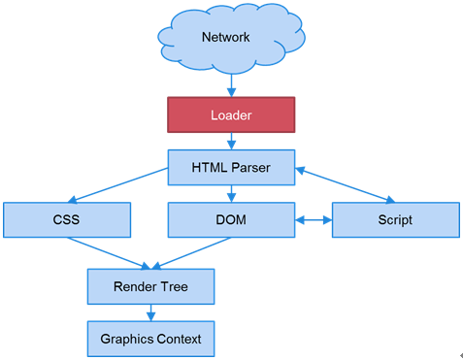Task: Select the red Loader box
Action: tap(231, 115)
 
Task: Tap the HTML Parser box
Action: tap(231, 167)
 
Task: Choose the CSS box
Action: tap(67, 220)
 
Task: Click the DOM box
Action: tap(231, 220)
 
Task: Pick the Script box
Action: tap(395, 220)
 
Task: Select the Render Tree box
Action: tap(150, 287)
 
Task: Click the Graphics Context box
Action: tap(150, 340)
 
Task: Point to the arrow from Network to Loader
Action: tap(231, 85)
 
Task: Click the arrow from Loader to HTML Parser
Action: tap(231, 141)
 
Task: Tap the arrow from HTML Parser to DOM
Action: tap(231, 194)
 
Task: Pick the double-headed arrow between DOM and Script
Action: tap(313, 220)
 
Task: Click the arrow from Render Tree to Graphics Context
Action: tap(150, 313)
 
